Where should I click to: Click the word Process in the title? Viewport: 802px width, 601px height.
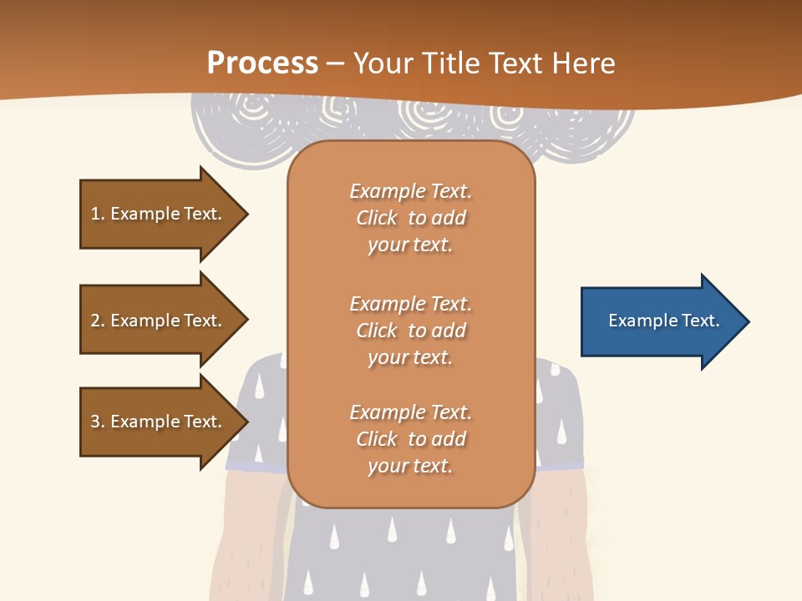pyautogui.click(x=262, y=63)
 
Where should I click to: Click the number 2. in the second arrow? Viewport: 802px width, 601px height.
pyautogui.click(x=98, y=321)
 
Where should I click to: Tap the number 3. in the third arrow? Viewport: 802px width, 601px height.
pyautogui.click(x=98, y=422)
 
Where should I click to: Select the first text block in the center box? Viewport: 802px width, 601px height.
pyautogui.click(x=410, y=218)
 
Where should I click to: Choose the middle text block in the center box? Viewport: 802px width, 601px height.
pyautogui.click(x=410, y=331)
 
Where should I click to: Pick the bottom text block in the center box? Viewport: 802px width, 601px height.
pyautogui.click(x=410, y=439)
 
